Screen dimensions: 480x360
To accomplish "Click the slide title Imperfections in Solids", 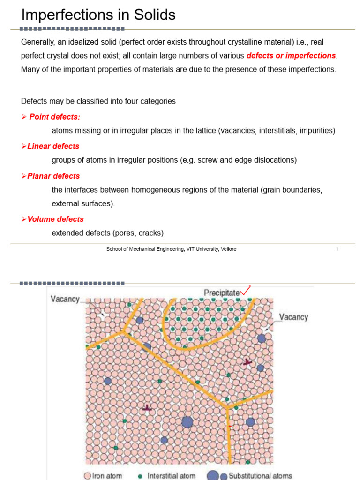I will (x=98, y=15).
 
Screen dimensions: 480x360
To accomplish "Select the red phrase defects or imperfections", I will (x=291, y=56).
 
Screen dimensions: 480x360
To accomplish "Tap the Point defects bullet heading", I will (x=54, y=117).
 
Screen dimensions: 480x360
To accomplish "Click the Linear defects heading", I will (x=53, y=146).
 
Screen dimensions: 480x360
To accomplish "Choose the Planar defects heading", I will (x=53, y=176).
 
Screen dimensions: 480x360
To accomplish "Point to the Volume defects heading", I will (x=55, y=219).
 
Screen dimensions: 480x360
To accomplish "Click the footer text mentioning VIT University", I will (x=171, y=249).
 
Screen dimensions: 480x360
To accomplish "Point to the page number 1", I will (x=337, y=249).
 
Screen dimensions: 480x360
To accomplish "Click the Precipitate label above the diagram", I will (x=221, y=292).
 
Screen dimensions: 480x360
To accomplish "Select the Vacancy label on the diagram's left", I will (x=65, y=299).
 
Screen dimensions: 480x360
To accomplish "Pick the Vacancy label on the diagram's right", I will (x=294, y=317).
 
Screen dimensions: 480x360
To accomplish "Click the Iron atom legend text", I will (x=107, y=476).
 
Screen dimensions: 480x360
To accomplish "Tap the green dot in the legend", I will (x=140, y=476).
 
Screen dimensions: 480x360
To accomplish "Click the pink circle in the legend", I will (x=88, y=476).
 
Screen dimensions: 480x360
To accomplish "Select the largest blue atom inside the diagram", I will (x=187, y=422).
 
